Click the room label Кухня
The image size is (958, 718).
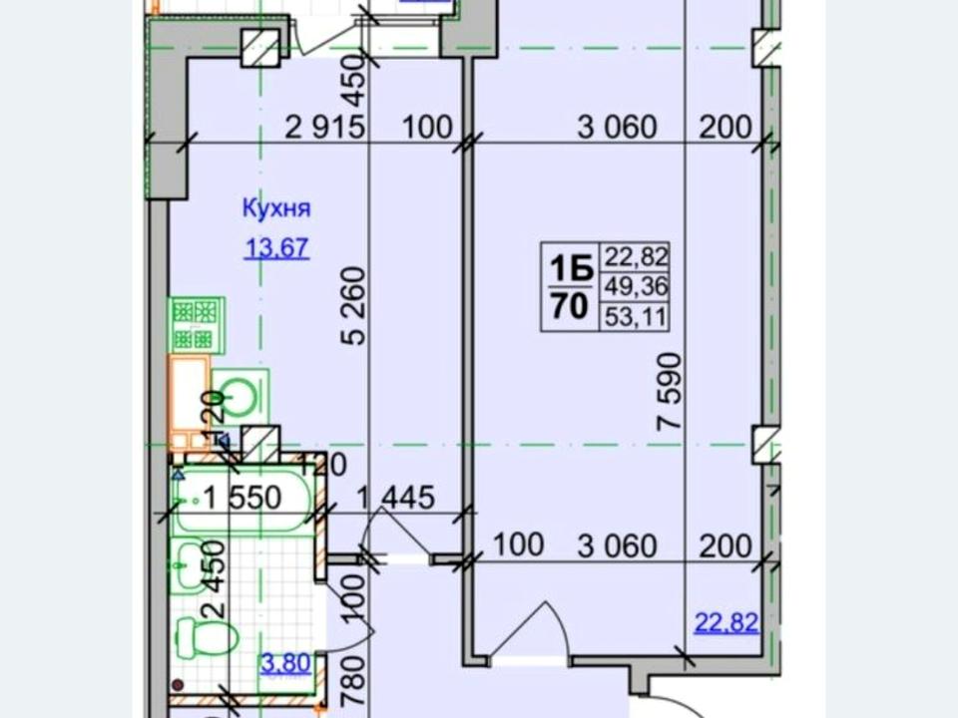276,208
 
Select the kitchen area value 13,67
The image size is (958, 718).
276,248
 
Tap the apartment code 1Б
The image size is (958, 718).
571,268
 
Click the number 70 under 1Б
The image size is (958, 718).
570,306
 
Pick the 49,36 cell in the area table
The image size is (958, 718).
636,285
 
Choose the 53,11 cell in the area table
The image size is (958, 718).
636,317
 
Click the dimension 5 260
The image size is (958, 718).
353,306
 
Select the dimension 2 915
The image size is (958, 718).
325,128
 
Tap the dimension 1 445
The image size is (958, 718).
395,497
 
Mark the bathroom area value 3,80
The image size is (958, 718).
286,663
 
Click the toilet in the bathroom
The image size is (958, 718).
207,635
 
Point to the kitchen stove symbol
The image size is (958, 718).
196,325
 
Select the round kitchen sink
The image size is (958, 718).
240,395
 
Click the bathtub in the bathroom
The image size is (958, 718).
242,500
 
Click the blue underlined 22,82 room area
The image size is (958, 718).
727,622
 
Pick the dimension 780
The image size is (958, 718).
354,680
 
